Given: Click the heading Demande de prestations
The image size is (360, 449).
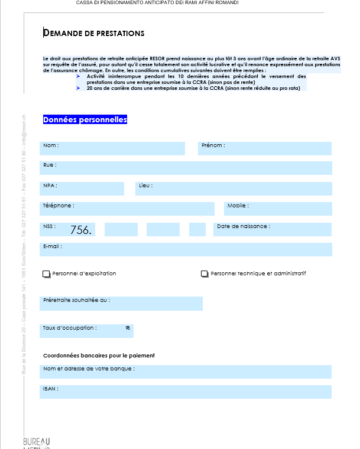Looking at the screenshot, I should pos(94,33).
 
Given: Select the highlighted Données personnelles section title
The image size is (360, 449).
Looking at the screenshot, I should pos(85,120).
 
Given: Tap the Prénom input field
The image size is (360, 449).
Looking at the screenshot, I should pos(265,148).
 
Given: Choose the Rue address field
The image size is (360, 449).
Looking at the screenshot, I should pos(186,168).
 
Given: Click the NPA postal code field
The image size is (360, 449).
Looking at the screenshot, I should pos(82,188).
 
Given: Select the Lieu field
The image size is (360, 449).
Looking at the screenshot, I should pos(233,188).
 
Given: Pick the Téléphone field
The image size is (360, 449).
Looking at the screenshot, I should pos(127,209).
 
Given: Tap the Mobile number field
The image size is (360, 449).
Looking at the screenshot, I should pos(278,209).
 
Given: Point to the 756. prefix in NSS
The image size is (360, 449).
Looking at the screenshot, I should pos(81,230).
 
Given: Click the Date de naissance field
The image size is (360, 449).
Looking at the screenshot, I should pos(273,229).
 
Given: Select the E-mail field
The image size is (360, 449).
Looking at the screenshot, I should pos(186,249).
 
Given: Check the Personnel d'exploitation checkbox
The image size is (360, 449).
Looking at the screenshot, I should pos(47,274).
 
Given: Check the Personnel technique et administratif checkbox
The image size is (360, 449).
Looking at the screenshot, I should pos(205,274).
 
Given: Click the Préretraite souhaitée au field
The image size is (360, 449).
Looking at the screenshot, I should pos(121,303).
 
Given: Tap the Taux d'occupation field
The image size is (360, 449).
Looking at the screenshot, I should pos(87,330).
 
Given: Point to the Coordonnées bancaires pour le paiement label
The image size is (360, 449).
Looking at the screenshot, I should pos(99,355).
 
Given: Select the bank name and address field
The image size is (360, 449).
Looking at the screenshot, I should pos(186,372).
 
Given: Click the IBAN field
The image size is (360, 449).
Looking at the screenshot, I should pos(186,392).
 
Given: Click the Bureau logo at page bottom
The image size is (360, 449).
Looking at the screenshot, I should pos(37,443).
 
